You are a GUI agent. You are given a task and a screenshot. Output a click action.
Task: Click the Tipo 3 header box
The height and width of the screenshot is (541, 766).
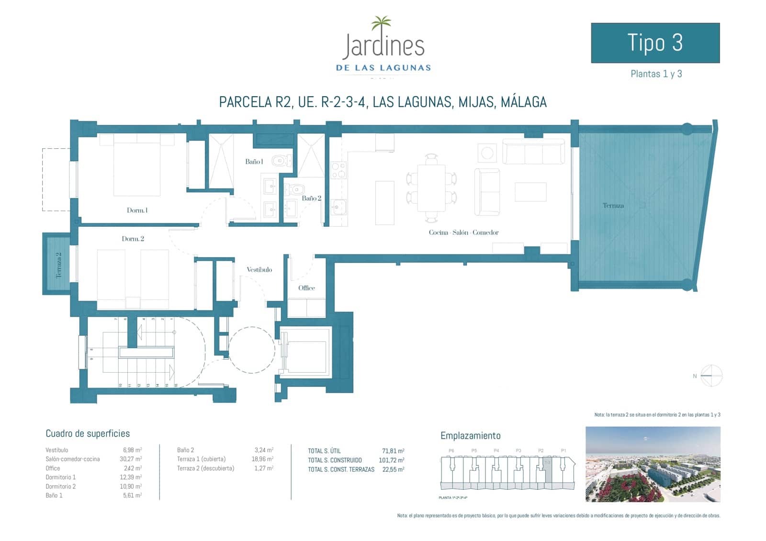[x=655, y=43]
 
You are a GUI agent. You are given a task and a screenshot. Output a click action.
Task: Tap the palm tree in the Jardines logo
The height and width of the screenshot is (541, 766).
[x=381, y=24]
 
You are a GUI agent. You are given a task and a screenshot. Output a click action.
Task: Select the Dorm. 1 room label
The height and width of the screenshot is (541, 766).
[x=137, y=210]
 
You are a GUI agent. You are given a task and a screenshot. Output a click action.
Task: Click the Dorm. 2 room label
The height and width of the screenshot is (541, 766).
[x=133, y=239]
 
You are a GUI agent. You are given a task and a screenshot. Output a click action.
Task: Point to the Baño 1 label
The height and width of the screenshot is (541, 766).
[x=254, y=162]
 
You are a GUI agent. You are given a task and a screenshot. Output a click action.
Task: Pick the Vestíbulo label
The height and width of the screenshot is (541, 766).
[x=259, y=270]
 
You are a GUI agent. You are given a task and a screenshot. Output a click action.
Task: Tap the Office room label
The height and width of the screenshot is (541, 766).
[x=306, y=288]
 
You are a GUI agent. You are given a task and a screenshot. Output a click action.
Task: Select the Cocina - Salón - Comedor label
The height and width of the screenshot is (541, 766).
[x=463, y=232]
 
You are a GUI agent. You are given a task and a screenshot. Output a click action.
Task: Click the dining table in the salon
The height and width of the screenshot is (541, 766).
[x=431, y=188]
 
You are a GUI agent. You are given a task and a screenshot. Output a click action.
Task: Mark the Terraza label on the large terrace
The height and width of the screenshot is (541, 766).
[x=613, y=206]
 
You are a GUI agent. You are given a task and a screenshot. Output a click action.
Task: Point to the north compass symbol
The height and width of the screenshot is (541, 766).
[x=711, y=375]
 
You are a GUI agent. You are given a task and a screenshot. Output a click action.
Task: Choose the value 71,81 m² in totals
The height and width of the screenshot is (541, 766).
[x=393, y=451]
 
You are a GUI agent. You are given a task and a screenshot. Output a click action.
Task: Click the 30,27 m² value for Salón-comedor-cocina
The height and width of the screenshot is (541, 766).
[x=132, y=459]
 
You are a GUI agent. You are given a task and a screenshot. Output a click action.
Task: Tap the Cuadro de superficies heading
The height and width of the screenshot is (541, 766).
[x=88, y=434]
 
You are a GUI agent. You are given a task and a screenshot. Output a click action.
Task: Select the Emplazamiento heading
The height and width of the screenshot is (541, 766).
[x=470, y=436]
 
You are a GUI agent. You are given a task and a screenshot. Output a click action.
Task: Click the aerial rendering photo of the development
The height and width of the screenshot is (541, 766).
[x=653, y=464]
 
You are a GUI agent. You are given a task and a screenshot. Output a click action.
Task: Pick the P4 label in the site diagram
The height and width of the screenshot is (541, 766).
[x=496, y=451]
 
